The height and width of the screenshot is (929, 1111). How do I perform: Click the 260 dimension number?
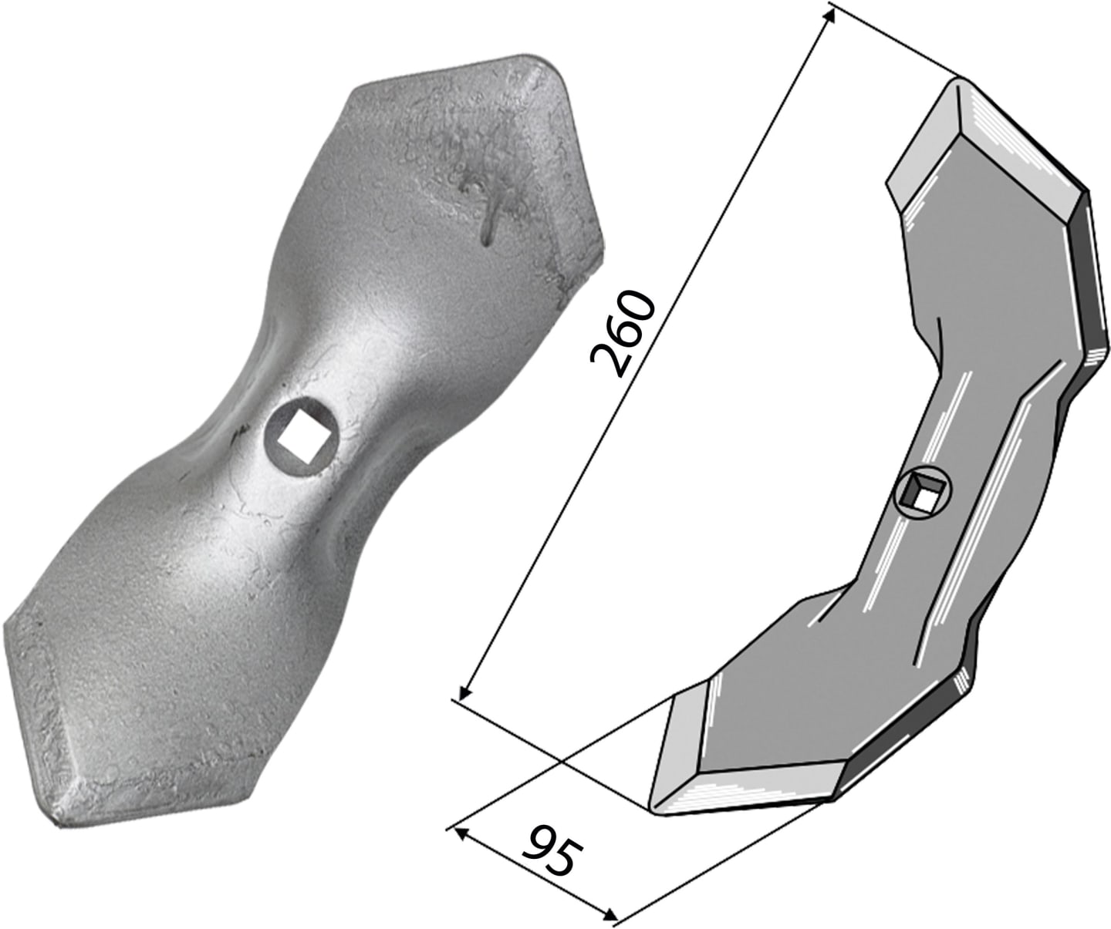[622, 333]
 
